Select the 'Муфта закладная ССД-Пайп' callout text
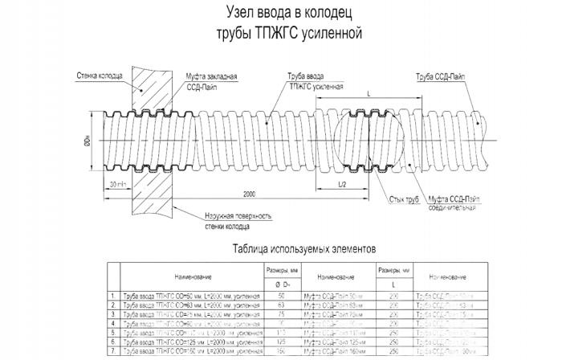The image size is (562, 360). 213,80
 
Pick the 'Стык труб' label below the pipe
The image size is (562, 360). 397,198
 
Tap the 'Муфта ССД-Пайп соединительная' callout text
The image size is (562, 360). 454,202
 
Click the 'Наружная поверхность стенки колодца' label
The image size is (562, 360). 238,222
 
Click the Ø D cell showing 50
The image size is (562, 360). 282,297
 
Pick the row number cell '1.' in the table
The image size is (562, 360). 113,297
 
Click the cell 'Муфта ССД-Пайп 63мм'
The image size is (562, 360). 336,306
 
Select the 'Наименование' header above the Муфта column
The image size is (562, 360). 336,276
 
